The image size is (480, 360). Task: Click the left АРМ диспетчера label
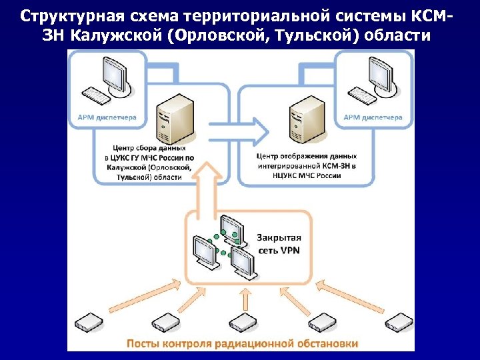103,117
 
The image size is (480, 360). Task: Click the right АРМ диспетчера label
373,117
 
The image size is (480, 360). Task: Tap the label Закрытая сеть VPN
279,243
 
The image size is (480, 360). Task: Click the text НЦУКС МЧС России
307,176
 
